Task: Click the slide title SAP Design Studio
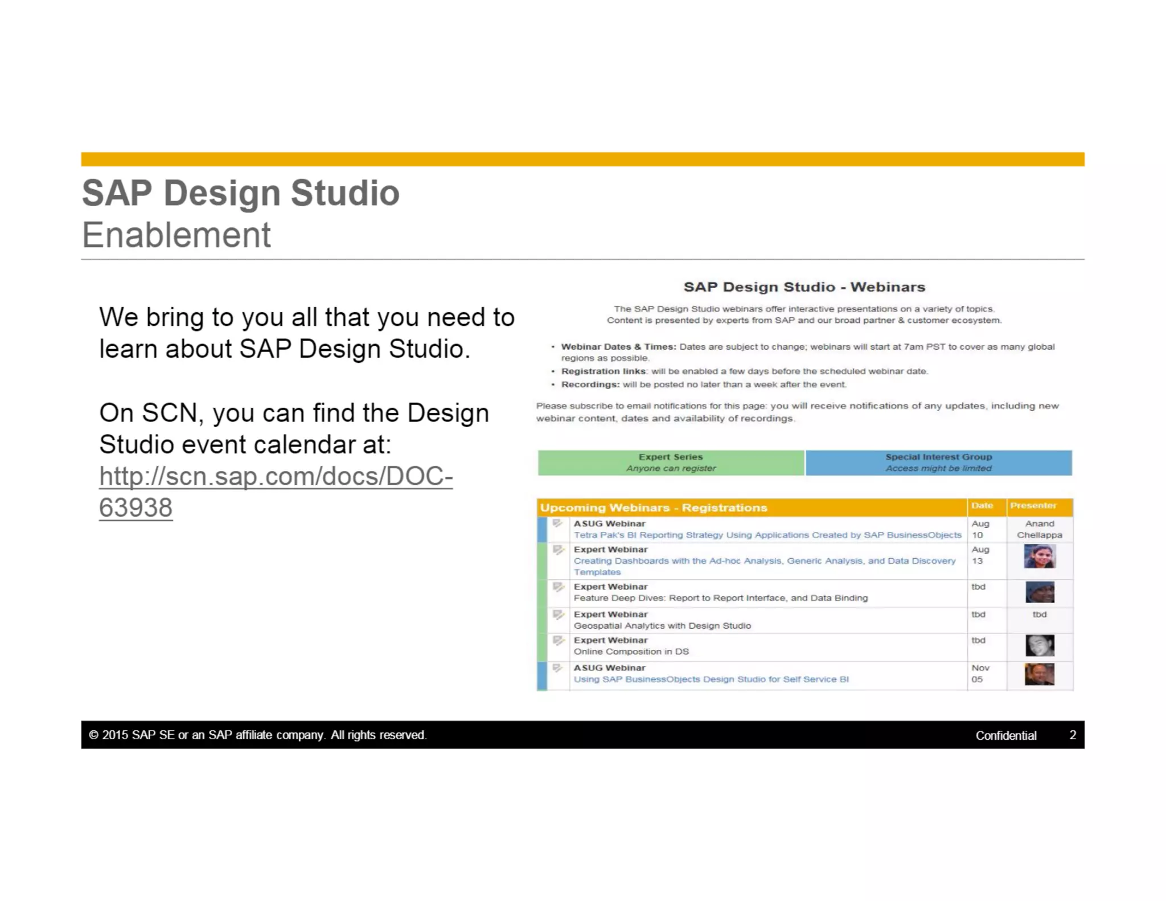click(240, 193)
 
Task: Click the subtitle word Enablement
click(176, 235)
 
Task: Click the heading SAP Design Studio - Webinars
click(804, 287)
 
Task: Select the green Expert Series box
click(671, 462)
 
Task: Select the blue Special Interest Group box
click(938, 462)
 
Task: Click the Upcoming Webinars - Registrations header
click(653, 507)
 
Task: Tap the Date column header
click(982, 506)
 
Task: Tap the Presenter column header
click(1033, 506)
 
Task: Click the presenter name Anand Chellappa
click(1039, 529)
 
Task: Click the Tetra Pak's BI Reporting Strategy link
click(767, 535)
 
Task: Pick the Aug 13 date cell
click(980, 555)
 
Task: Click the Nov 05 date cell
click(980, 674)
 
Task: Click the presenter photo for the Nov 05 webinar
click(1039, 674)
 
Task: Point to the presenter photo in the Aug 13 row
click(1039, 556)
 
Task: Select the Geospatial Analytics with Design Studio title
click(662, 626)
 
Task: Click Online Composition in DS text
click(631, 652)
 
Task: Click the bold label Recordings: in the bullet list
click(590, 384)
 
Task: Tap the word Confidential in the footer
click(1005, 735)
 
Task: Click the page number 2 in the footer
click(1073, 735)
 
